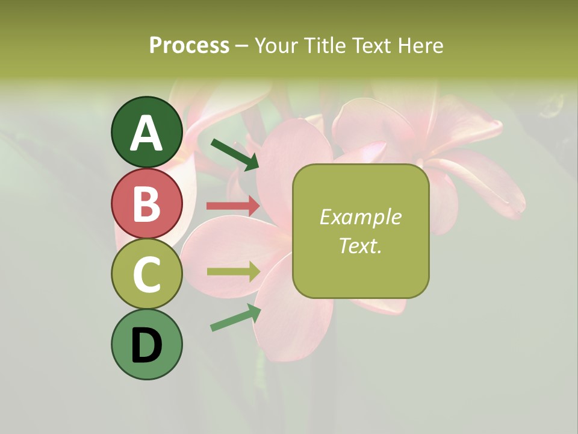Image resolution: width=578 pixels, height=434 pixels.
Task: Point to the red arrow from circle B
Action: (x=233, y=206)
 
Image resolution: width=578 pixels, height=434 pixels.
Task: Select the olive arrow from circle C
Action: (x=234, y=272)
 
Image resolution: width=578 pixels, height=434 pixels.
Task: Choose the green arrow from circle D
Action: (x=235, y=318)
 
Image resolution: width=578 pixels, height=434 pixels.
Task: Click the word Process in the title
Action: (x=189, y=45)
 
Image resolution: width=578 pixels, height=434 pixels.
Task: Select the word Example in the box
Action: (x=360, y=217)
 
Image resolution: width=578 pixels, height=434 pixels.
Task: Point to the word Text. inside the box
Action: (x=360, y=245)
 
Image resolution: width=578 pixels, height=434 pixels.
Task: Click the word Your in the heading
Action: (x=275, y=45)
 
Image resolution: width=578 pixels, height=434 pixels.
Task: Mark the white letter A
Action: (x=146, y=133)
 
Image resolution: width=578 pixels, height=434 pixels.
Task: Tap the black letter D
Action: (x=146, y=346)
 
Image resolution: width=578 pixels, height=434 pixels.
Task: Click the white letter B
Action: (x=146, y=204)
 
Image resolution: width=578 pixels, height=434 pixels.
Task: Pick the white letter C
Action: (x=146, y=275)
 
